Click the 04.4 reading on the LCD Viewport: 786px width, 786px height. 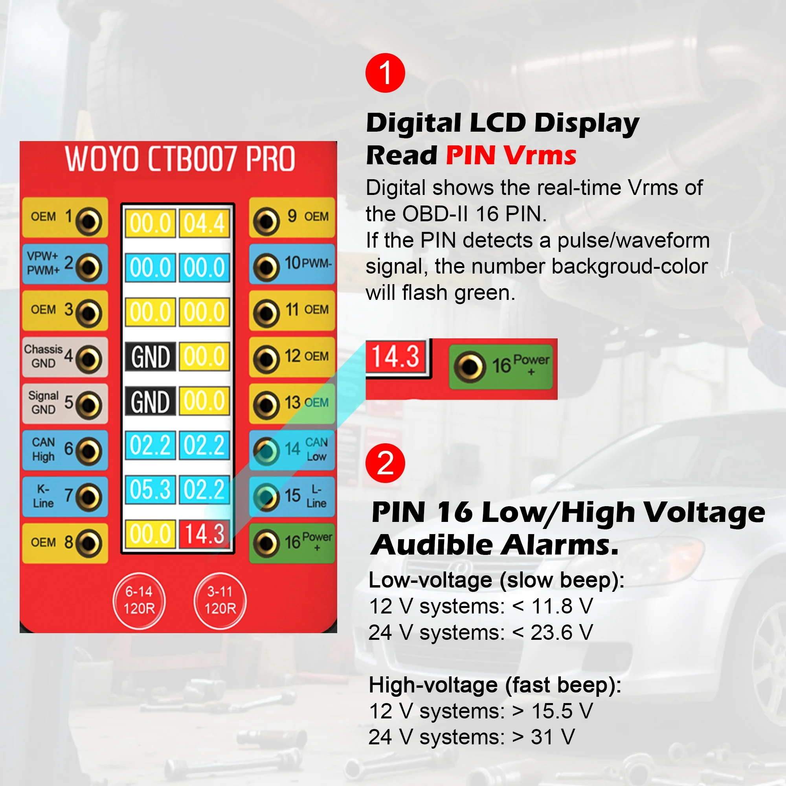pos(204,223)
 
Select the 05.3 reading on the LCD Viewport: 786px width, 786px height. pos(150,489)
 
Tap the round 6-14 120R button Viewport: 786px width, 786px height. pos(139,600)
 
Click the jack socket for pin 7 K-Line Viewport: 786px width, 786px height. pos(89,497)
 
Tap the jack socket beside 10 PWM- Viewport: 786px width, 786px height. pos(266,267)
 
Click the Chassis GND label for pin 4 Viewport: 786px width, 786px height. pos(43,356)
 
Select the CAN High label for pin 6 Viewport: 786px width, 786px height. pos(43,449)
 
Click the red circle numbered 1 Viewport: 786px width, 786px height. pos(385,73)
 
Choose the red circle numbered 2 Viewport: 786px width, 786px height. pos(385,463)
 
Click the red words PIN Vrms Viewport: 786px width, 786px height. pos(511,155)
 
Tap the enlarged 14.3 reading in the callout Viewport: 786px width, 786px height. pos(395,356)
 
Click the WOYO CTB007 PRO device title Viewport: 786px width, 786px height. pos(180,159)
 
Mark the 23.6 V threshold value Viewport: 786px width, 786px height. pos(562,633)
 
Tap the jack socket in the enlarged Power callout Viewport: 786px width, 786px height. pos(470,367)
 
